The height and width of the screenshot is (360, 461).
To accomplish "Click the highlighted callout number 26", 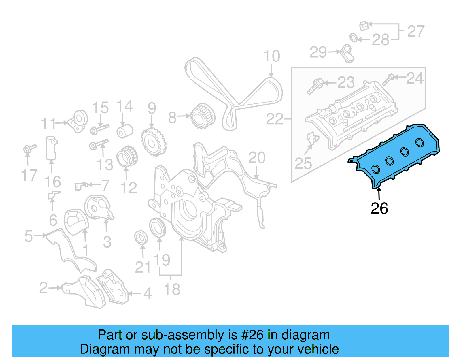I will pos(379,208).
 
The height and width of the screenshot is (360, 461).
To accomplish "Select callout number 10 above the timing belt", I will pos(271,56).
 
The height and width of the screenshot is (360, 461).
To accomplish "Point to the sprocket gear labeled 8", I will pos(203,116).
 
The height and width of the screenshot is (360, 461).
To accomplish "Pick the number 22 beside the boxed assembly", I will pos(274,119).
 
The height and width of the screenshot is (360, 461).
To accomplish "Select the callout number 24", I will pos(415,78).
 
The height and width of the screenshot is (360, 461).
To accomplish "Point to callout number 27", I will pos(416,31).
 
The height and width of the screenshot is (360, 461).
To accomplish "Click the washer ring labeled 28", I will pos(354,38).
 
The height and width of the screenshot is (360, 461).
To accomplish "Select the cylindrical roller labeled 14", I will pos(125,131).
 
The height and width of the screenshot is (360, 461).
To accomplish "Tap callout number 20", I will pos(257,158).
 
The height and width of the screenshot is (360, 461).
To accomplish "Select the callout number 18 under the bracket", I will pos(172,289).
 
